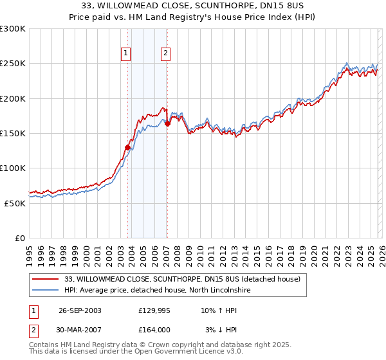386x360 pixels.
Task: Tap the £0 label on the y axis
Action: (20, 238)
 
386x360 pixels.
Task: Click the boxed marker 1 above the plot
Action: (125, 53)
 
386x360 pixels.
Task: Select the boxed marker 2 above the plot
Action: (165, 53)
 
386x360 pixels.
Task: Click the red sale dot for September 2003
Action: (128, 147)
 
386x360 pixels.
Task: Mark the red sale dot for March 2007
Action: (167, 123)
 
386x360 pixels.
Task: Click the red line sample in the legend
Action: (46, 280)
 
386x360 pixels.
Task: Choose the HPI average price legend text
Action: (157, 291)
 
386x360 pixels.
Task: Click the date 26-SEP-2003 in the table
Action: (80, 310)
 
